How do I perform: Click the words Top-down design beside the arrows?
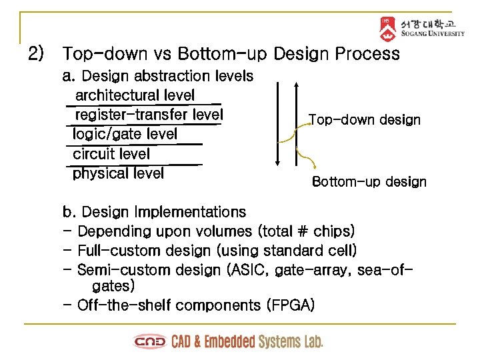click(365, 120)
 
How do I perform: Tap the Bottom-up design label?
click(369, 182)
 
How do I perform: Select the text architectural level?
click(135, 95)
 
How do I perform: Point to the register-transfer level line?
click(149, 115)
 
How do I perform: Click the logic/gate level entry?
click(125, 134)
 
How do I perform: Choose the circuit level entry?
click(111, 154)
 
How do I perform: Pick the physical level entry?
click(118, 174)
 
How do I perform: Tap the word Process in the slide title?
click(368, 53)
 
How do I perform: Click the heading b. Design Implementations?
click(154, 212)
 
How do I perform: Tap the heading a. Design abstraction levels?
click(157, 76)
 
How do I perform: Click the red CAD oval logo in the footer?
click(150, 342)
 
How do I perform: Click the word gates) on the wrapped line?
click(113, 286)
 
